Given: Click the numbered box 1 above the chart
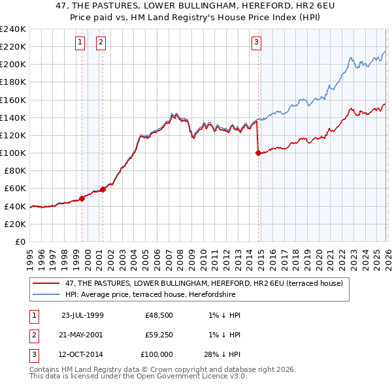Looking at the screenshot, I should click(x=80, y=42).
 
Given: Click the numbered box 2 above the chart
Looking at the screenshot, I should click(x=101, y=42).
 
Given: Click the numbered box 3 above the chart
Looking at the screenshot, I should click(x=256, y=42).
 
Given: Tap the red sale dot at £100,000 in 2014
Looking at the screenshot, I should click(x=258, y=153).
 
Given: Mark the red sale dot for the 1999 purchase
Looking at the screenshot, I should click(x=82, y=198).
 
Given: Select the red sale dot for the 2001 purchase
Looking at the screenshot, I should click(x=103, y=189).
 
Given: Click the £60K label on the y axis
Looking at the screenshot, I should click(x=15, y=189).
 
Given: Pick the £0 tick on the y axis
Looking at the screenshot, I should click(x=20, y=241).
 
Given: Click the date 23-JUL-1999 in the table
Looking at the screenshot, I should click(x=82, y=315).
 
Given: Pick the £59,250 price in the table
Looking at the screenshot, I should click(x=159, y=335).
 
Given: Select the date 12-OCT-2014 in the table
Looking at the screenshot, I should click(x=82, y=354).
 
